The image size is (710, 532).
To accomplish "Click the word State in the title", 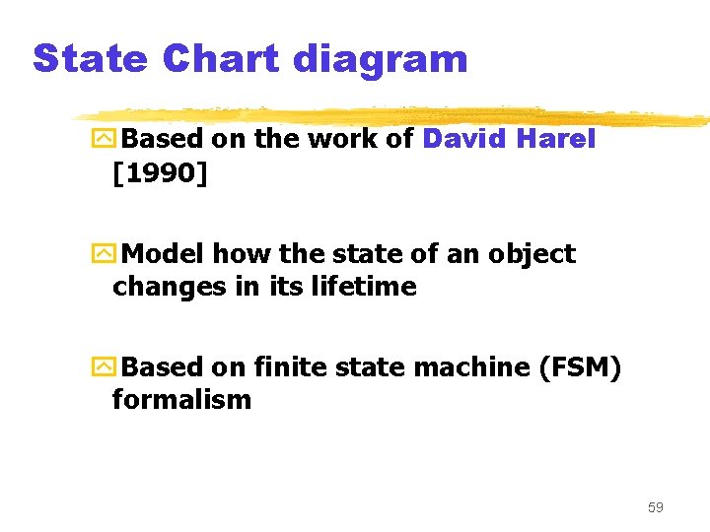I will pyautogui.click(x=90, y=59).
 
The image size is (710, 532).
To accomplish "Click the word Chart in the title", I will pyautogui.click(x=220, y=59).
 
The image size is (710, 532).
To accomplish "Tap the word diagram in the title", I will pyautogui.click(x=380, y=59).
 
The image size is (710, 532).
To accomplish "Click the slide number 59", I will pyautogui.click(x=656, y=507).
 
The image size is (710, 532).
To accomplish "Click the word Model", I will pyautogui.click(x=166, y=254).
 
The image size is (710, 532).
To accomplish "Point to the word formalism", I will pyautogui.click(x=181, y=400).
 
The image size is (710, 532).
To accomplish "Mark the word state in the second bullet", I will pyautogui.click(x=355, y=254).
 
